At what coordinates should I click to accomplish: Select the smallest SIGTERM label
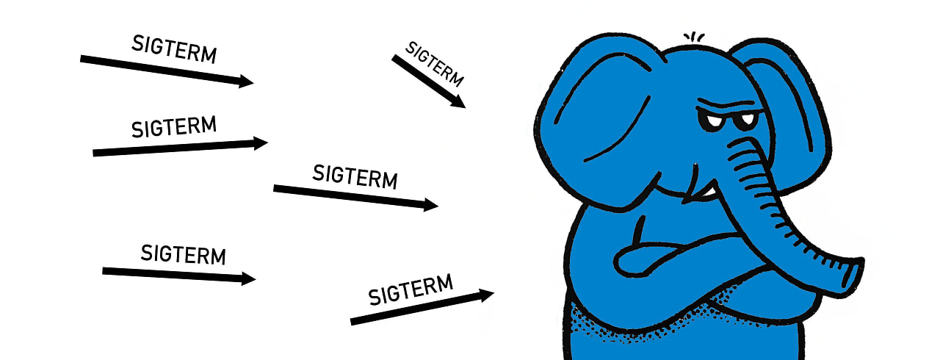(x=435, y=64)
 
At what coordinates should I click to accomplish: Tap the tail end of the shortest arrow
(x=394, y=57)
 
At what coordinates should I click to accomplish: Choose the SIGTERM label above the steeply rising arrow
(x=411, y=288)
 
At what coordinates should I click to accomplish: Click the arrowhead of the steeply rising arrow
(x=486, y=295)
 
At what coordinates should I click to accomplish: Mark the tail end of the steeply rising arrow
(x=353, y=321)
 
